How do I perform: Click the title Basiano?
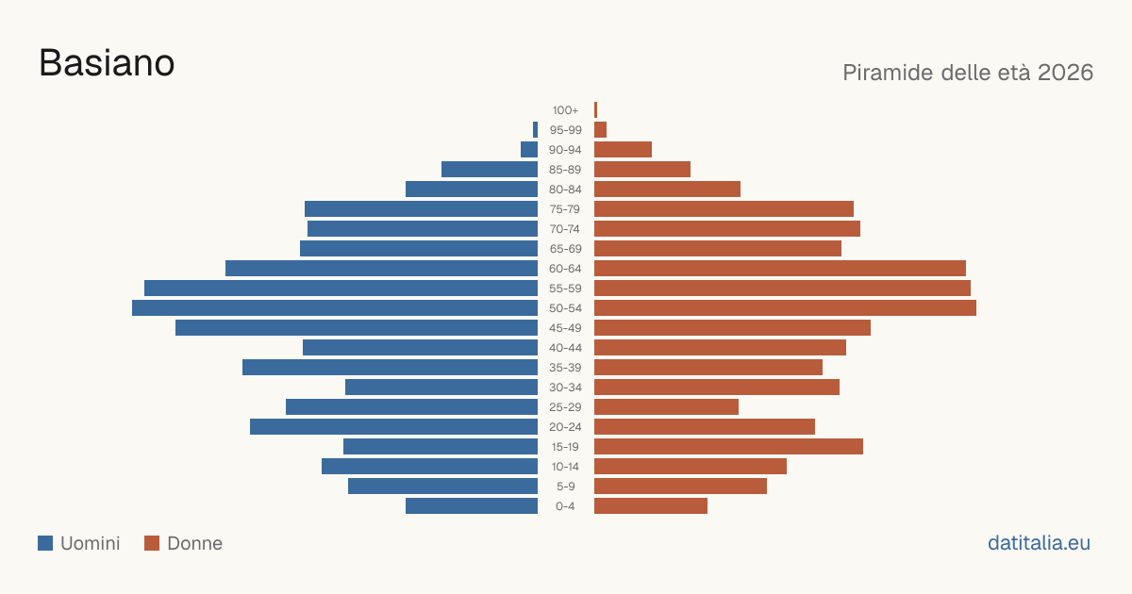point(107,63)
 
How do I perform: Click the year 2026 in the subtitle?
point(1065,73)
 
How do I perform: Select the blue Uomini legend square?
point(45,543)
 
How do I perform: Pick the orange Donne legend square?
point(152,543)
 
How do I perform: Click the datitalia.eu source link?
point(1039,543)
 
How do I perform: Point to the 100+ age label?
point(565,110)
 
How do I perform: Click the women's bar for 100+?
point(596,110)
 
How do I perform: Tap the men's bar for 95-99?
point(535,130)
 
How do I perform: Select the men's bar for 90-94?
point(529,150)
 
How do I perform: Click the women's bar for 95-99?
point(600,130)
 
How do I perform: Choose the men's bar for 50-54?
point(335,308)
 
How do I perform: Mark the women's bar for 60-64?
point(780,268)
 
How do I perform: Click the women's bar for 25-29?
point(666,407)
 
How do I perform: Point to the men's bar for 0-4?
point(472,506)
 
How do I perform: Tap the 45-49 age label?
point(565,328)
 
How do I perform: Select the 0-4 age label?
point(565,506)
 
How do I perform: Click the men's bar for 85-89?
point(490,169)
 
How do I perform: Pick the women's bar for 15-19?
point(728,447)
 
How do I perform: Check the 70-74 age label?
point(565,229)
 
